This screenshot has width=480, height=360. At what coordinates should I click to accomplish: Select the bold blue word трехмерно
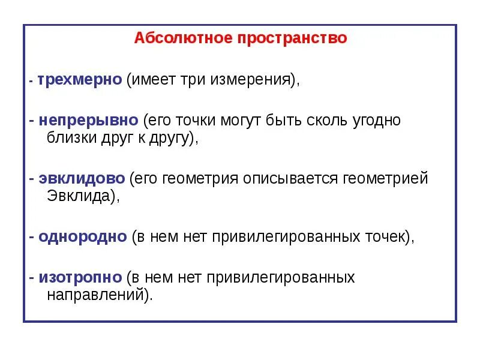(x=80, y=80)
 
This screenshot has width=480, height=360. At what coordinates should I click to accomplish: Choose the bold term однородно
(x=83, y=236)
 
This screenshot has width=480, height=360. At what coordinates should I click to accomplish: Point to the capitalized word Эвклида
(x=79, y=196)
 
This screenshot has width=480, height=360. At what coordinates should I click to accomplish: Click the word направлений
(x=95, y=295)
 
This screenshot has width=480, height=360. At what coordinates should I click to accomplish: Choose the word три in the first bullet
(x=193, y=80)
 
